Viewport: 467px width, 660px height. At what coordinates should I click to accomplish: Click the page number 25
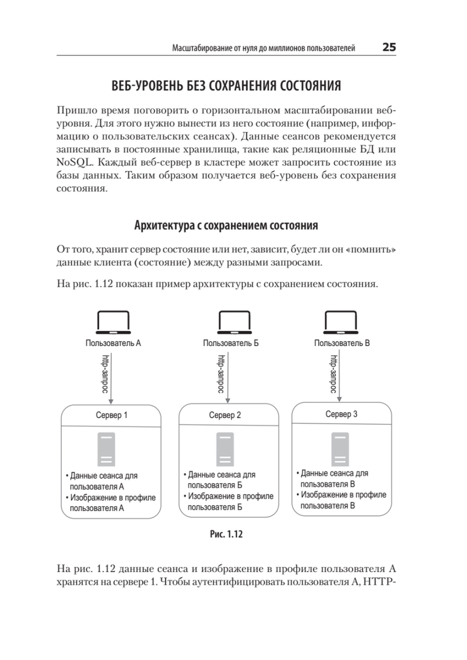coord(389,47)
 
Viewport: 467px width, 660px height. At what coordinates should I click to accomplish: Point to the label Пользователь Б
coord(231,343)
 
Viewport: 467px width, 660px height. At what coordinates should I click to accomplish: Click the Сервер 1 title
coord(111,415)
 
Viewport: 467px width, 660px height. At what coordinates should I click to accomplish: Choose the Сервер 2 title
coord(225,415)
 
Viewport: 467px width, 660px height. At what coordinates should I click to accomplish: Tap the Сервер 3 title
coord(341,414)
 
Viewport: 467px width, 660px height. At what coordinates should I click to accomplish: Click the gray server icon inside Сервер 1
coord(106,449)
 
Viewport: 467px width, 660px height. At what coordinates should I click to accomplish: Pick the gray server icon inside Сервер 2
coord(225,449)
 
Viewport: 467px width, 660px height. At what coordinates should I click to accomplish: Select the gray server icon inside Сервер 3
coord(340,449)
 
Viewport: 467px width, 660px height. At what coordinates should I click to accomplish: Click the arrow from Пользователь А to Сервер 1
coord(111,378)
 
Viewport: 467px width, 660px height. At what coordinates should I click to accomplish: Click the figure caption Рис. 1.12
coord(226,534)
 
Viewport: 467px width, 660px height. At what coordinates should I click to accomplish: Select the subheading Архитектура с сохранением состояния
coord(226,225)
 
